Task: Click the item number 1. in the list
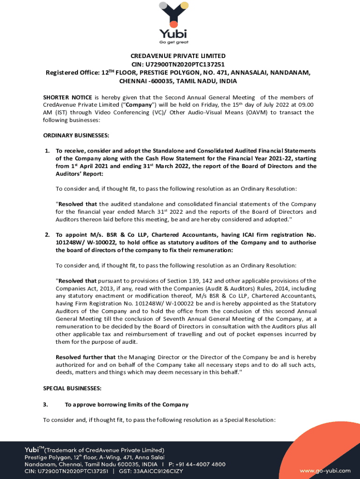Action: [x=47, y=151]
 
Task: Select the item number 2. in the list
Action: [x=47, y=235]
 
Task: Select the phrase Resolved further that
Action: [x=86, y=357]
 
